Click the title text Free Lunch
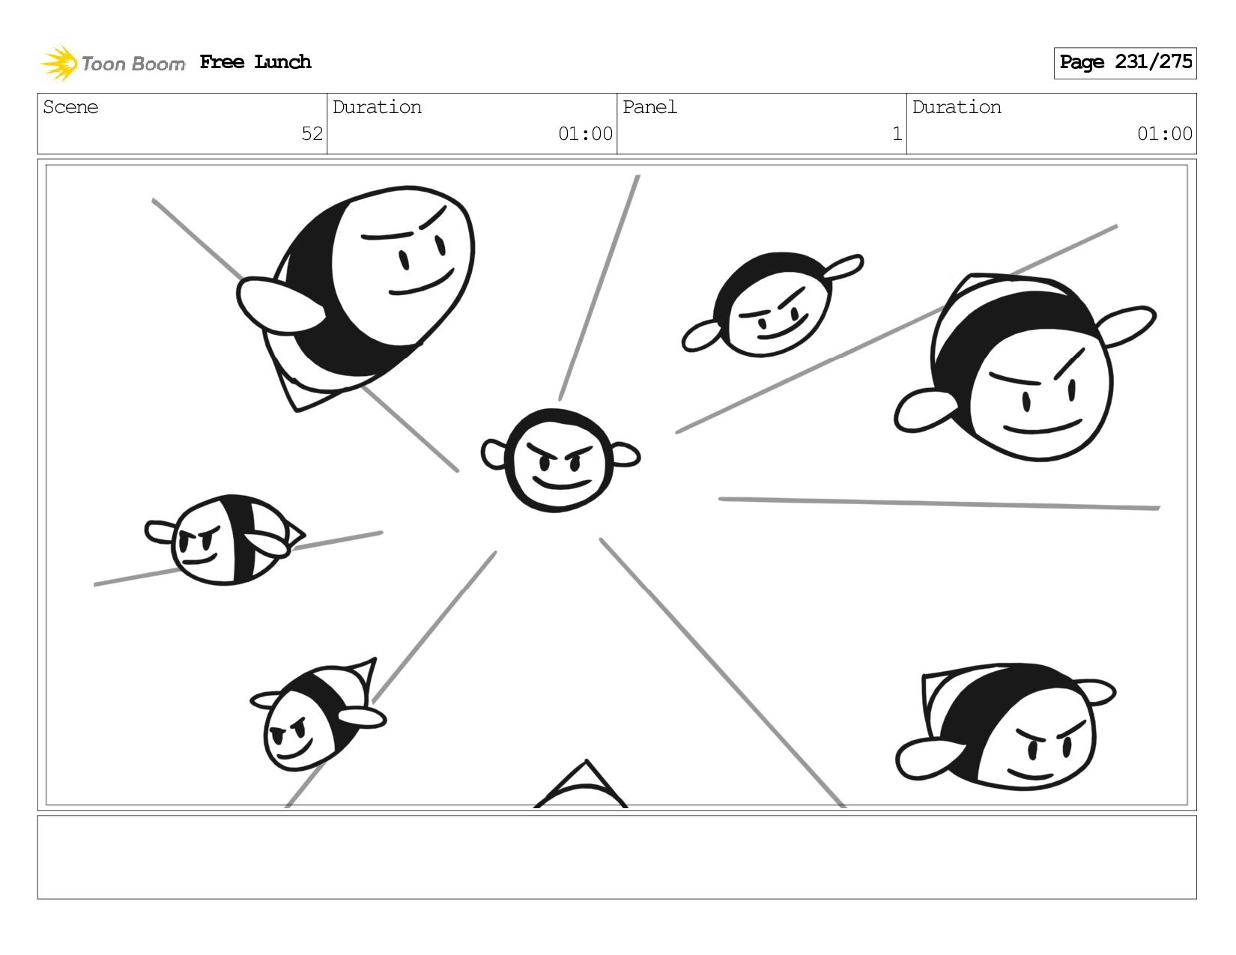(x=255, y=61)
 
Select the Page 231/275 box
(x=1124, y=63)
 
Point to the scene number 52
(x=312, y=133)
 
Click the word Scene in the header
(x=70, y=107)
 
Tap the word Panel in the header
(x=649, y=107)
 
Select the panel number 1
(x=897, y=133)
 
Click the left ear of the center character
(x=493, y=454)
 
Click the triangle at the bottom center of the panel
(x=581, y=784)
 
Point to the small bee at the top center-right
(x=772, y=304)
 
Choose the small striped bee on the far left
(x=225, y=539)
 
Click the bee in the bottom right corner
(x=1005, y=727)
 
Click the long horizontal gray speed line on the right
(x=939, y=503)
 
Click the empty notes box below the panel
(x=617, y=857)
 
